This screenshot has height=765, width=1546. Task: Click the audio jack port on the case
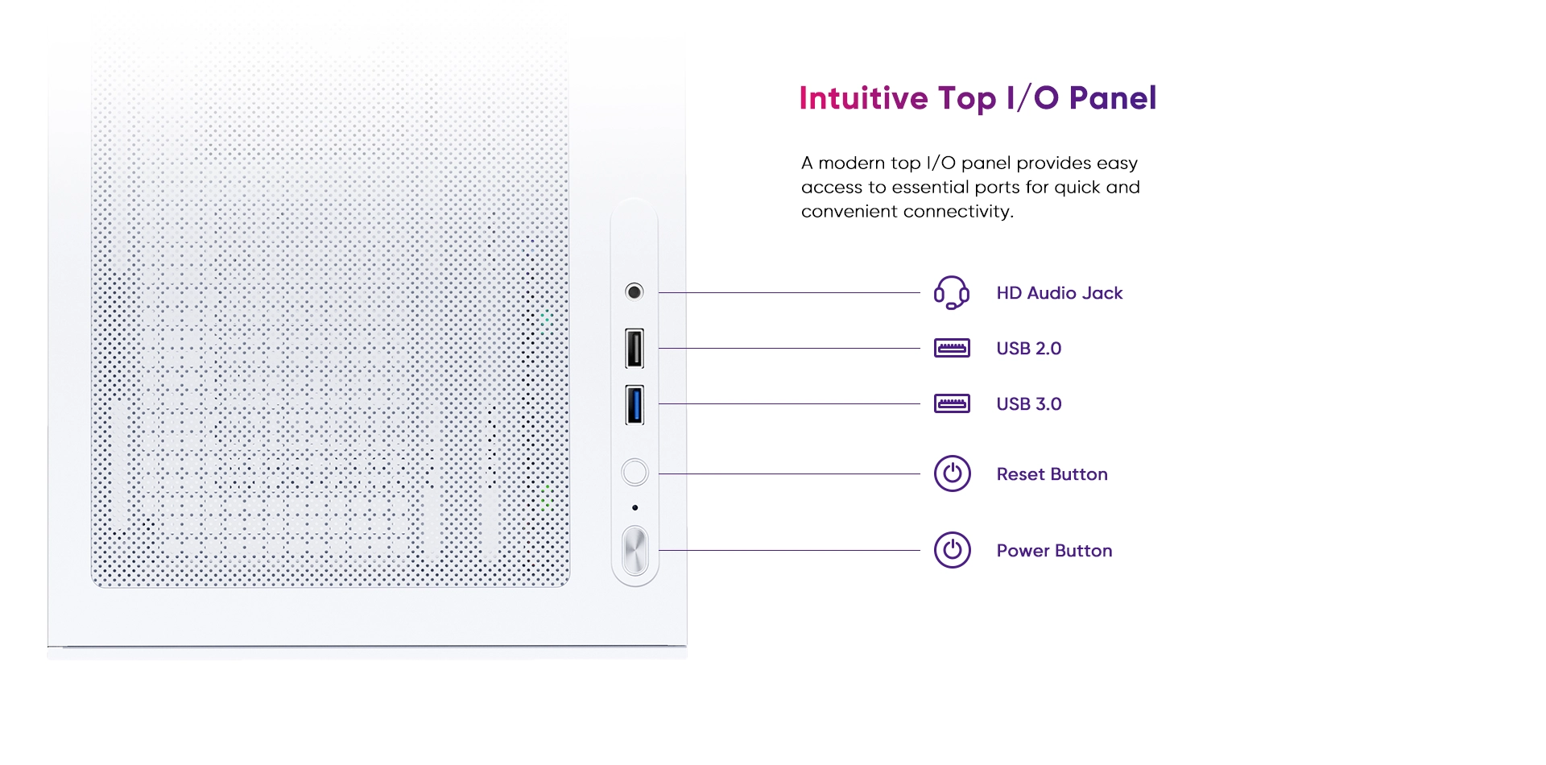tap(635, 292)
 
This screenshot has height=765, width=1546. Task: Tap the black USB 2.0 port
tap(635, 348)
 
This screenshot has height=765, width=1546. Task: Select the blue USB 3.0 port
tap(635, 404)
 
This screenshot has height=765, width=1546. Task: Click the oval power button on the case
tap(635, 551)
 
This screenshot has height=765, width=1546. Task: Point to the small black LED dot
tap(635, 507)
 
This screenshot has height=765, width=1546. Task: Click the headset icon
tap(952, 292)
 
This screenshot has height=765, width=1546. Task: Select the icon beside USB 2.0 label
tap(952, 348)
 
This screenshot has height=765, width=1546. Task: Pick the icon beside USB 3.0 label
tap(952, 403)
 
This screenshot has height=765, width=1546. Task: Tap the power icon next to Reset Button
tap(952, 473)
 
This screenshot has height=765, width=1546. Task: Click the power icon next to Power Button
tap(952, 550)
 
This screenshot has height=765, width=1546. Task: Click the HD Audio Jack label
tap(1060, 293)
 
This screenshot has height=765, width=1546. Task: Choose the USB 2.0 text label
tap(1029, 349)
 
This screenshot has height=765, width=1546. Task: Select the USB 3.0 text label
tap(1029, 404)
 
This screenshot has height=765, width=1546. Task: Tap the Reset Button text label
tap(1052, 474)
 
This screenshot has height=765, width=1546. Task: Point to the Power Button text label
tap(1055, 551)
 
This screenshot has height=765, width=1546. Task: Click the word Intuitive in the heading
tap(863, 98)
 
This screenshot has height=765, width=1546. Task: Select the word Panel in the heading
tap(1113, 98)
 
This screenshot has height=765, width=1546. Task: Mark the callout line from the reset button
tap(789, 473)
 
